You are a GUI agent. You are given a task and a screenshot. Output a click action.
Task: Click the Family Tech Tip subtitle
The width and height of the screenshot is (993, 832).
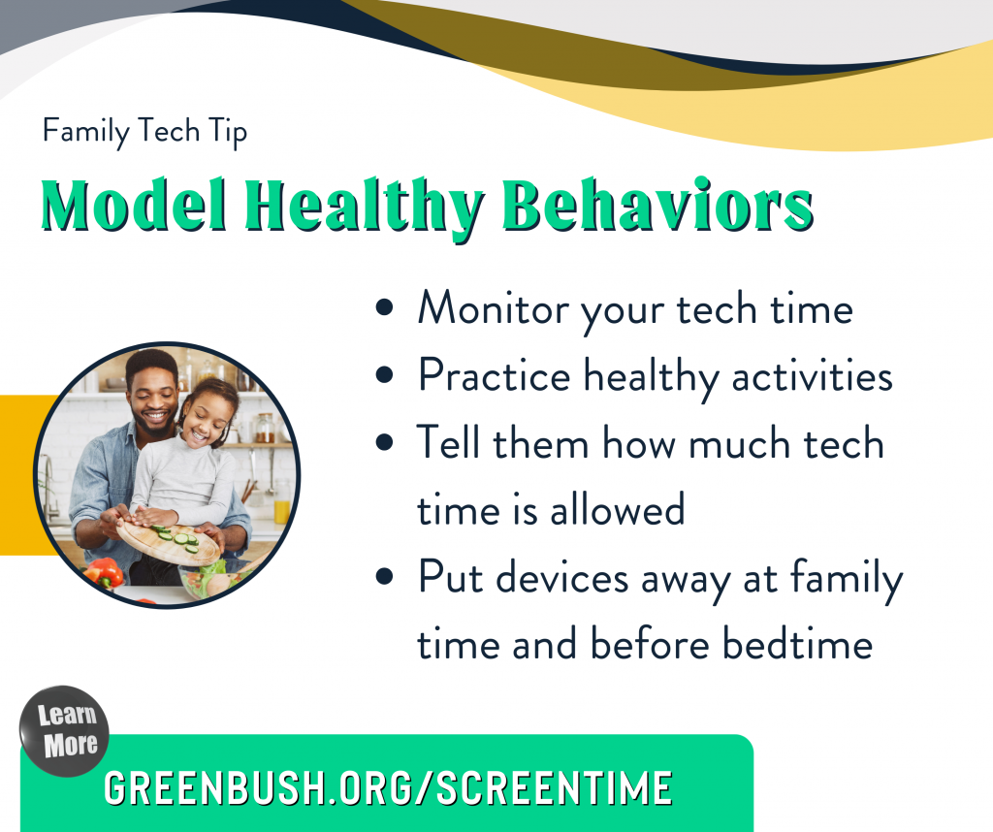(144, 131)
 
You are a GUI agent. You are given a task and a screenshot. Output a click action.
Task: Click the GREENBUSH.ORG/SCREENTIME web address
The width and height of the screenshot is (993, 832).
(388, 787)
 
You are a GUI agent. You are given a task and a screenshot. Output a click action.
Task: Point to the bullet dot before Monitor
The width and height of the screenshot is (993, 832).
(386, 309)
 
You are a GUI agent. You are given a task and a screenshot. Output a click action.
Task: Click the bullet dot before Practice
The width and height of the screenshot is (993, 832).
(386, 376)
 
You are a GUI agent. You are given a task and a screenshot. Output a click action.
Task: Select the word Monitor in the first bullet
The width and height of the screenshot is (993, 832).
(493, 308)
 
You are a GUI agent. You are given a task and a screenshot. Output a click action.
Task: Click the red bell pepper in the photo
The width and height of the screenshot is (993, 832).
(105, 573)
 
